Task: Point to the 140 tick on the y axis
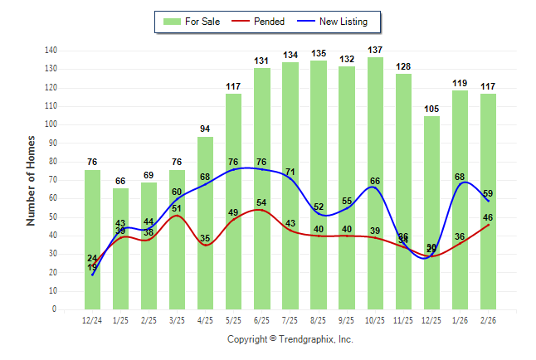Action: click(51, 51)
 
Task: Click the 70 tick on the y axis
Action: click(52, 180)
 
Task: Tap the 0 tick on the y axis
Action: click(55, 309)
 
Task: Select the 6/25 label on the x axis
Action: click(261, 320)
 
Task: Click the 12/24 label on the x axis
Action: click(92, 320)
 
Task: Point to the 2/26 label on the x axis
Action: click(488, 320)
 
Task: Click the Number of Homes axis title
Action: click(32, 180)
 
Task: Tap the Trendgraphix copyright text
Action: click(290, 339)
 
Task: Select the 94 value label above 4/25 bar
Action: click(205, 129)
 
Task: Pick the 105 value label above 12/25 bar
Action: click(431, 109)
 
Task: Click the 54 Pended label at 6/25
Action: click(261, 203)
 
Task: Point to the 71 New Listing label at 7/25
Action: click(290, 173)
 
